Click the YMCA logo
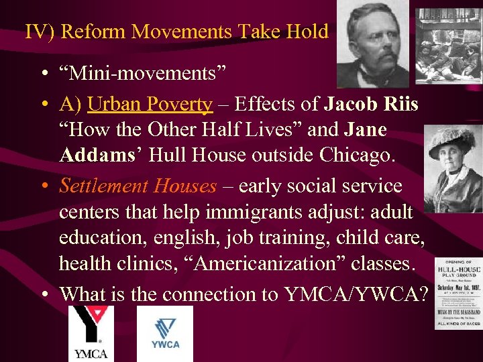tap(91, 334)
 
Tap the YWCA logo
tap(164, 334)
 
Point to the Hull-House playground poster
tap(458, 293)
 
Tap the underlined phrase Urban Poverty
tap(150, 105)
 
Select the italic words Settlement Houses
tap(138, 186)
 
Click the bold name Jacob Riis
tap(372, 105)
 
